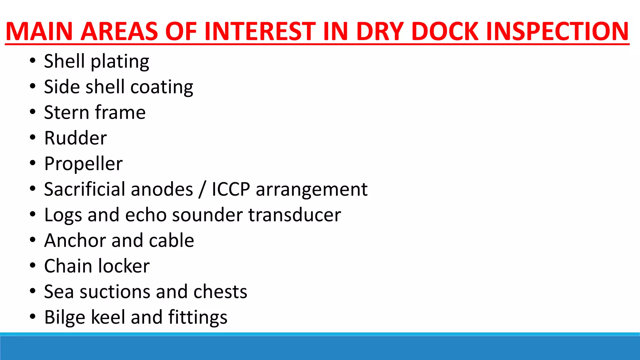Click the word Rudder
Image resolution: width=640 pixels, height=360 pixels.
pyautogui.click(x=76, y=138)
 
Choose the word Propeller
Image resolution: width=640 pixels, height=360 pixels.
pyautogui.click(x=83, y=164)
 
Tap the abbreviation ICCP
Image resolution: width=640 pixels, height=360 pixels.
pyautogui.click(x=231, y=189)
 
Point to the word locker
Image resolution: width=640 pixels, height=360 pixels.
pyautogui.click(x=124, y=266)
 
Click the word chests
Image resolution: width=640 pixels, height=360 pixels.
pyautogui.click(x=220, y=292)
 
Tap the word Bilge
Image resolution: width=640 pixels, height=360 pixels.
pyautogui.click(x=65, y=317)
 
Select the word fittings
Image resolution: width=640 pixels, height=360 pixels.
pyautogui.click(x=198, y=317)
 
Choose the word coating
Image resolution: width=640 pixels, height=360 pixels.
pyautogui.click(x=162, y=87)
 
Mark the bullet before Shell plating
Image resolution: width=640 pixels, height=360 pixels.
pyautogui.click(x=32, y=61)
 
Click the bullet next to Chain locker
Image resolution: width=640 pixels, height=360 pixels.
pyautogui.click(x=32, y=266)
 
